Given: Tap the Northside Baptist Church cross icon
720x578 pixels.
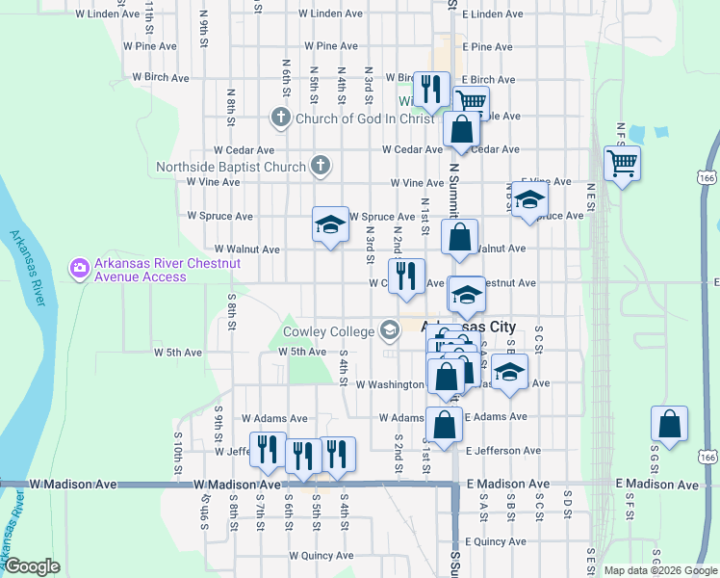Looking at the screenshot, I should pos(321,167).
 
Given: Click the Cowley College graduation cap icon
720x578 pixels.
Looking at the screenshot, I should pos(389,331).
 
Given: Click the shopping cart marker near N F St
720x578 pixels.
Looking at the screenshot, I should pos(623,163).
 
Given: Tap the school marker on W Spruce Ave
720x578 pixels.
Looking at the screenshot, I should pos(330,225).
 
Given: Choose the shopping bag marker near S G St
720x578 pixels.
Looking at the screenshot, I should pos(669,425).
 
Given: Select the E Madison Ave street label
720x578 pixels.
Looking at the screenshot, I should pos(507,484).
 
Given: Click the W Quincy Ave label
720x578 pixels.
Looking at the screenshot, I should pos(321,556).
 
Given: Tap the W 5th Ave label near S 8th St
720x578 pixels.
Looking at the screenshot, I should pos(178,353).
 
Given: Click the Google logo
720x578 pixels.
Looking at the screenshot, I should pos(33,566).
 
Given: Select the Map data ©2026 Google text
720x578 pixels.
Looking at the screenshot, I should pos(659,570).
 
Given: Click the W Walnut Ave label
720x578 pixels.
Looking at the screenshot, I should pos(246,250).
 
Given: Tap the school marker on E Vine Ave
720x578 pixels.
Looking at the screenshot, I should pos(528,201).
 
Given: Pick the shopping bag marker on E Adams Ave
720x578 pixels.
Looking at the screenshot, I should pos(444,425).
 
